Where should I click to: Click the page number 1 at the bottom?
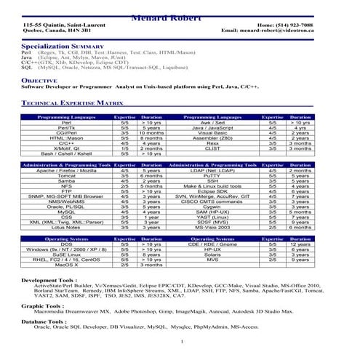[x=179, y=340]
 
